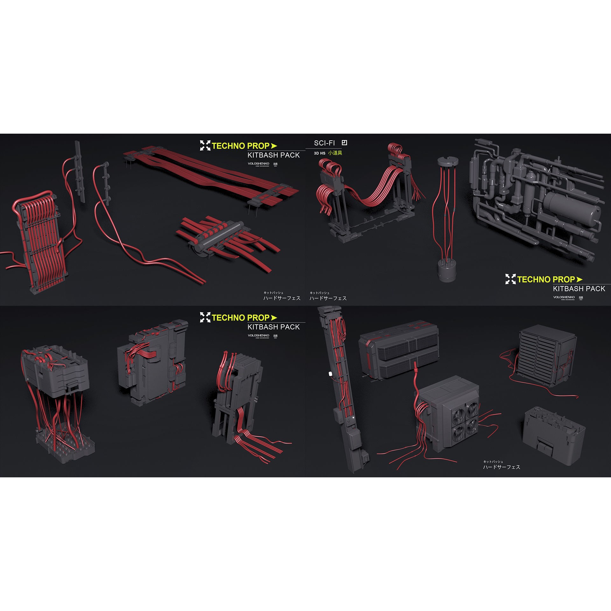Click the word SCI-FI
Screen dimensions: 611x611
coord(324,143)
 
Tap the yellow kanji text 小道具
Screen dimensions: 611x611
coord(335,153)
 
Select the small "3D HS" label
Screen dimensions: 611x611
coord(320,153)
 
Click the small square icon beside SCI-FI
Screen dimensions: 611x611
coord(344,143)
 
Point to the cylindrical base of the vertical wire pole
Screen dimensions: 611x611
coord(446,270)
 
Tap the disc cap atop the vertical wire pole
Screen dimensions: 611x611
coord(446,161)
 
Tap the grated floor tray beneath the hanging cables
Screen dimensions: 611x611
coord(65,442)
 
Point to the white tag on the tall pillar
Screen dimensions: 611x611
coord(330,373)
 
